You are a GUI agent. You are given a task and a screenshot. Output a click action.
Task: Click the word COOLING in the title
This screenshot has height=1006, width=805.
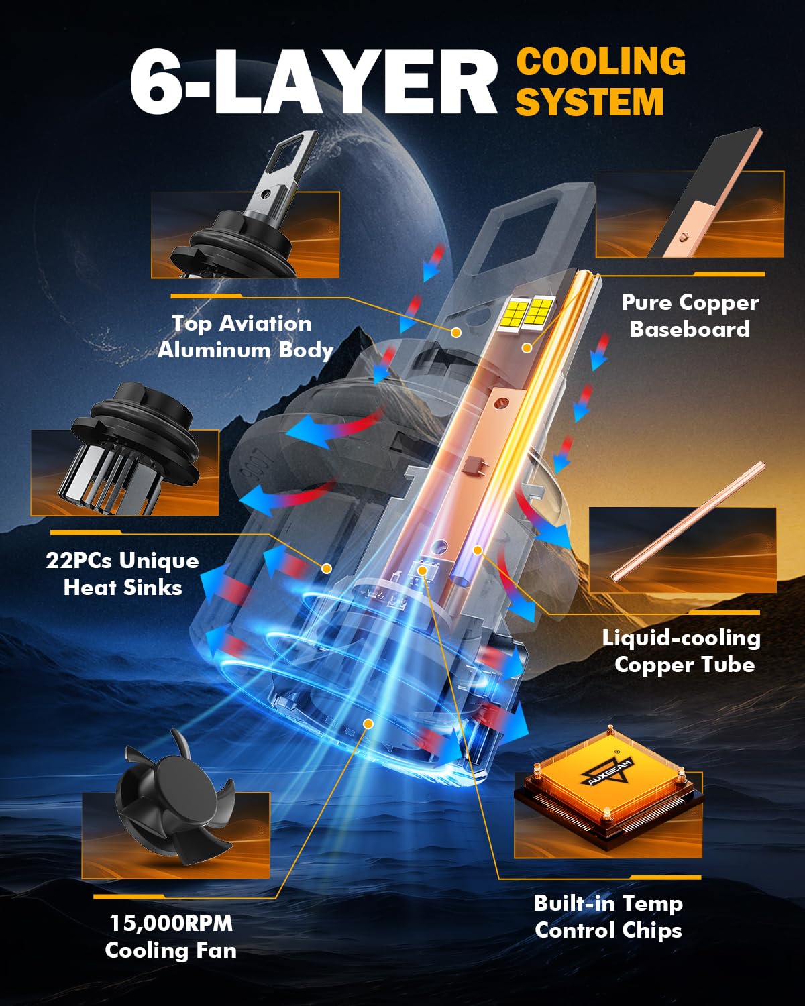pos(601,61)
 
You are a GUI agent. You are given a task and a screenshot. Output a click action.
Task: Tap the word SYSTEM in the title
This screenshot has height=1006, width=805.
pos(590,101)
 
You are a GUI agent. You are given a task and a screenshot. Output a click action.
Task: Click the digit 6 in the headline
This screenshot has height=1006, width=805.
pos(156,80)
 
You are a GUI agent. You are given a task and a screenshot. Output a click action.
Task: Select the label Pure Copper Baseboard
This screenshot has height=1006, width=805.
pos(690,315)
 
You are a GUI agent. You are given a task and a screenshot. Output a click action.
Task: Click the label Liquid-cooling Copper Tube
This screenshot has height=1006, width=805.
pos(682,651)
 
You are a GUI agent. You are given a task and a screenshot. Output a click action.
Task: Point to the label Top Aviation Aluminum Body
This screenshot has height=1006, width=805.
pos(245,337)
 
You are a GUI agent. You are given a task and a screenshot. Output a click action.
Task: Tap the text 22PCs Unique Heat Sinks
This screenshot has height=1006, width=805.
pos(123,573)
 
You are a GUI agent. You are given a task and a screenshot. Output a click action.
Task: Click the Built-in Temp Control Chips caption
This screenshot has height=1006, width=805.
pos(608,917)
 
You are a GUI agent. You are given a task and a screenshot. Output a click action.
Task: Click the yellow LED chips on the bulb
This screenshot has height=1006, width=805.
pos(526,311)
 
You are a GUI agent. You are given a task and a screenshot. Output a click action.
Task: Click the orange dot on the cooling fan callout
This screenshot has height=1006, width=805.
pos(368,724)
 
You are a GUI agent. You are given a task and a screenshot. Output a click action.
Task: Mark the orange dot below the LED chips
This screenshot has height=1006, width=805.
pos(527,348)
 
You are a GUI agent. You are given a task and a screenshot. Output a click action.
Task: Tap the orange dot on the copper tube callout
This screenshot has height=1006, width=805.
pos(478,550)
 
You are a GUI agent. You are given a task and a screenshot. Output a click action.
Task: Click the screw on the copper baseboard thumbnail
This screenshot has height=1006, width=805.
pos(684,238)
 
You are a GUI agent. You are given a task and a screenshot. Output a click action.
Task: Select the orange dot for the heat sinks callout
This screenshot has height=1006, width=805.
pos(327,569)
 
